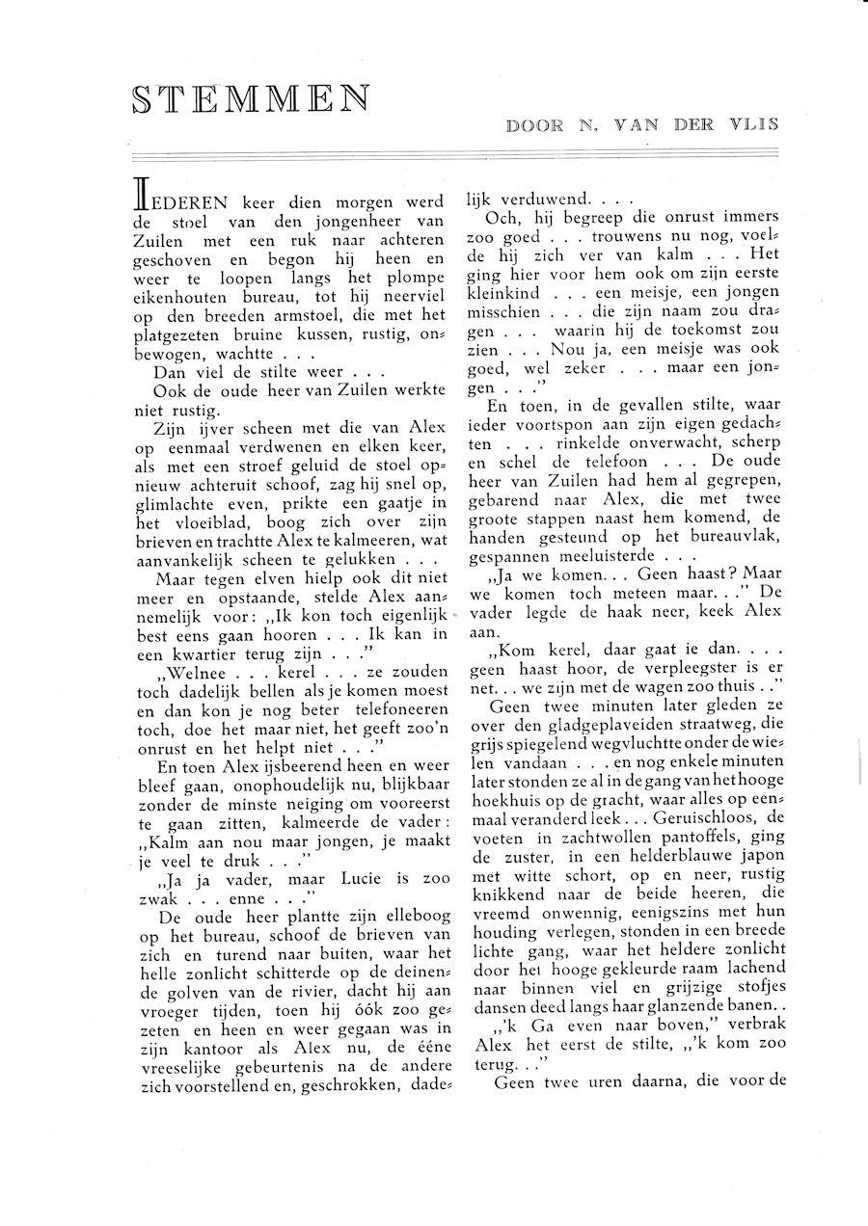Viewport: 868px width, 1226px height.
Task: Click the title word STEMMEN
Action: (x=251, y=98)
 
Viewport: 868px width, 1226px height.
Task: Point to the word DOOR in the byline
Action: (x=534, y=124)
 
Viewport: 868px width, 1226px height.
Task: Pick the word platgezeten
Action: (x=179, y=337)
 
